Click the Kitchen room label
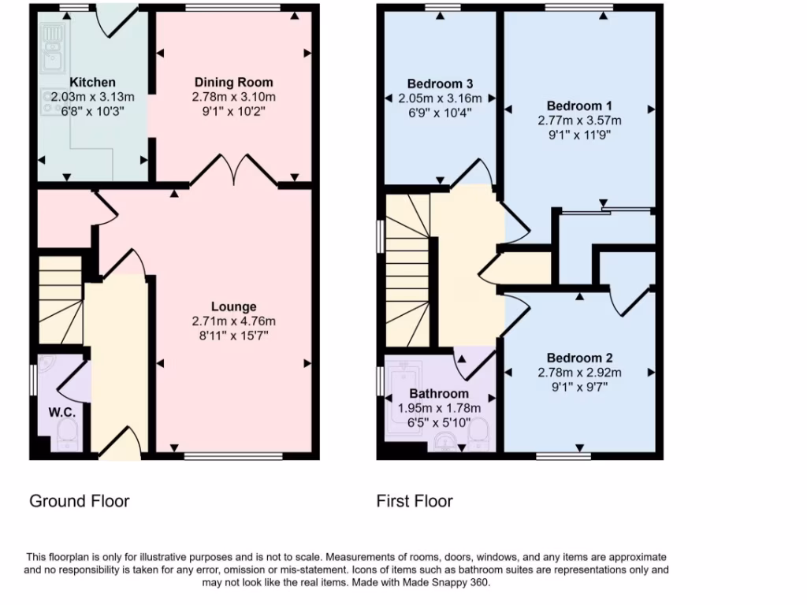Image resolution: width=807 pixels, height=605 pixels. coord(92,82)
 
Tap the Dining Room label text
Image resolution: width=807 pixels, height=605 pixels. coord(233,82)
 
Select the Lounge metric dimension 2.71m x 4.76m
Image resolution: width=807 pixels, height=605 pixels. coord(233,321)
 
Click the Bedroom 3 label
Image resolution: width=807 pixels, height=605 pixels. coord(441,84)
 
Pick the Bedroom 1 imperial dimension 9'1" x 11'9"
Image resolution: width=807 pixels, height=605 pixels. coord(579,135)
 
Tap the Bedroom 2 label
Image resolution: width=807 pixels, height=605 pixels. coord(579,357)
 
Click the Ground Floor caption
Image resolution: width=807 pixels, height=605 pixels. coord(79,501)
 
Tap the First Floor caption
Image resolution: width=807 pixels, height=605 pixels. coord(415,501)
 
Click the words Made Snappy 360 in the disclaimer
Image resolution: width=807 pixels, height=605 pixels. coord(453,583)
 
